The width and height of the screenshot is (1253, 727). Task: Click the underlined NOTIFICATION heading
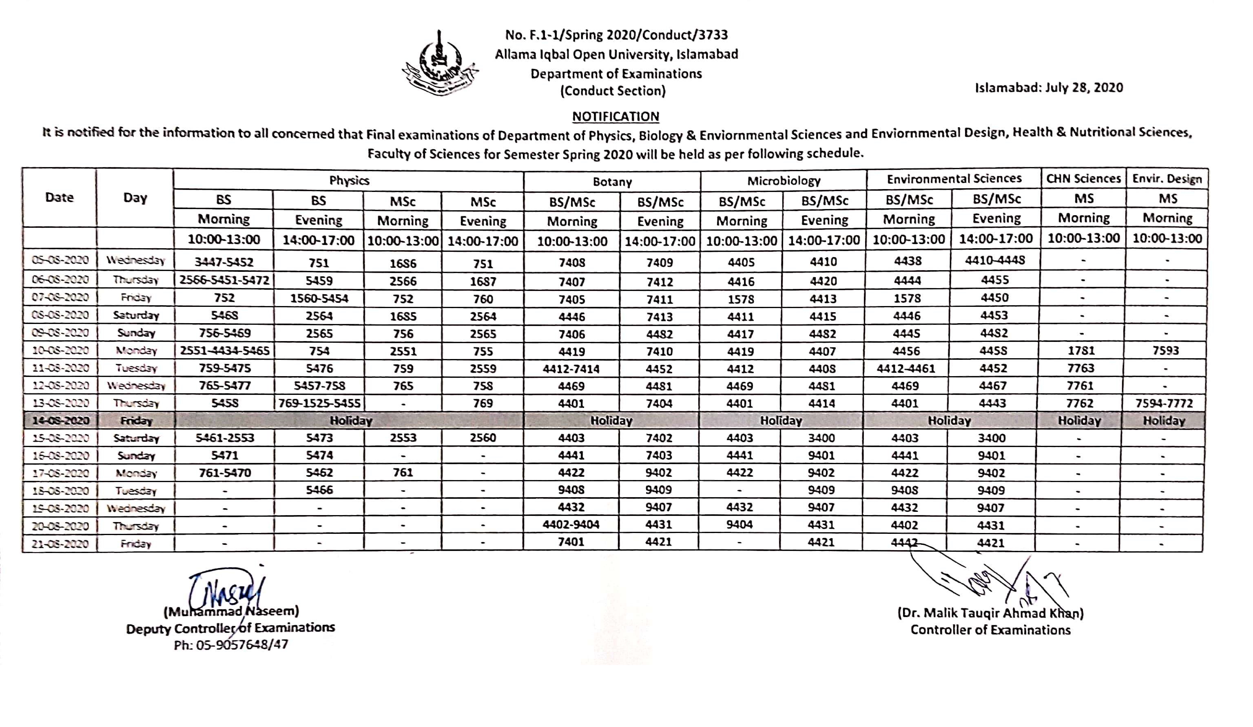pos(615,116)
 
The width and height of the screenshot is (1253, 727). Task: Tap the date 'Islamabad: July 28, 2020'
pos(1049,88)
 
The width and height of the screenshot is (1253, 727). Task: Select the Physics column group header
pos(349,181)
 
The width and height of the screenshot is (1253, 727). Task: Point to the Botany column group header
pos(612,182)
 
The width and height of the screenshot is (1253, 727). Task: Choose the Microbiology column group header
pos(784,181)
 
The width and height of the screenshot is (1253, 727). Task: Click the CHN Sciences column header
pos(1083,179)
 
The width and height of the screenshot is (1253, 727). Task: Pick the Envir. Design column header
pos(1167,179)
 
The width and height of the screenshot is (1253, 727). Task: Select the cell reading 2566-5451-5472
pos(224,280)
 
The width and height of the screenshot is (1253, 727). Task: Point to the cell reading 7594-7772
pos(1164,403)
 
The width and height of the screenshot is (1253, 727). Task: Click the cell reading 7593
pos(1165,351)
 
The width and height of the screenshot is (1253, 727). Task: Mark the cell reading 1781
pos(1081,351)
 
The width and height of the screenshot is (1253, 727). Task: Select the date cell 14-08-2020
pos(61,421)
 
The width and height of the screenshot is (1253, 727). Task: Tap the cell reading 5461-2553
pos(225,438)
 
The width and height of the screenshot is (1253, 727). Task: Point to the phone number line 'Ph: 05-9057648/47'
pos(231,645)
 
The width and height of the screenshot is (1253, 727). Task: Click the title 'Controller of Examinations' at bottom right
pos(990,630)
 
